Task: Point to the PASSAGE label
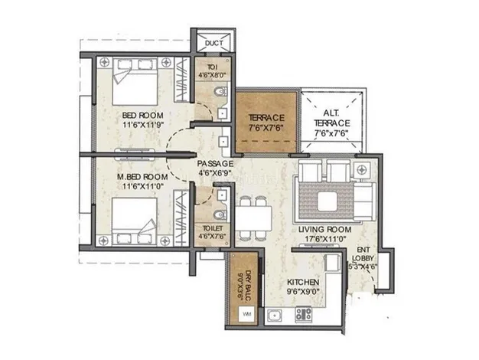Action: (x=214, y=164)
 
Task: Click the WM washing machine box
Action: (x=246, y=314)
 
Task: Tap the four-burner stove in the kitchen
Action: (x=303, y=313)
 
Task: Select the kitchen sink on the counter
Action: (x=275, y=313)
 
